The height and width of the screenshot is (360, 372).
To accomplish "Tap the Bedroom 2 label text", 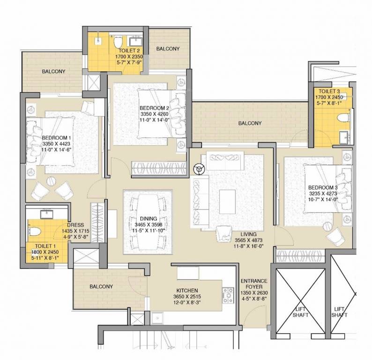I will pyautogui.click(x=154, y=108).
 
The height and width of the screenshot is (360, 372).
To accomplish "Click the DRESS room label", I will pyautogui.click(x=75, y=225).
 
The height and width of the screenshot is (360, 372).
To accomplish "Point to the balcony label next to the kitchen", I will pyautogui.click(x=101, y=286).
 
